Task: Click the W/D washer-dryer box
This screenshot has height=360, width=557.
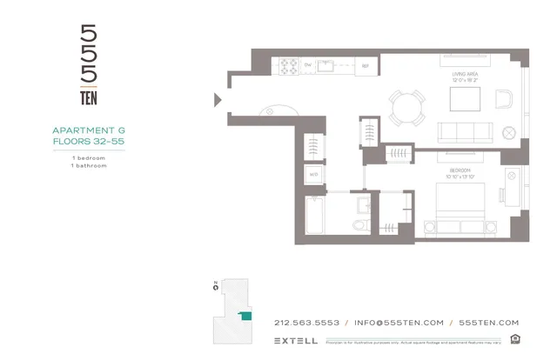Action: (313, 175)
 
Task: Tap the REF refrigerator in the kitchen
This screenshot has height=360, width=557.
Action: (366, 66)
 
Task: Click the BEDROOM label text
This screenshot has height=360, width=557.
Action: (460, 170)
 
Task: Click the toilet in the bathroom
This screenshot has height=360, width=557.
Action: (364, 224)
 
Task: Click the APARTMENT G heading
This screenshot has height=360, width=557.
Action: (89, 132)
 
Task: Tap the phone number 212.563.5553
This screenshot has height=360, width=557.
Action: (306, 322)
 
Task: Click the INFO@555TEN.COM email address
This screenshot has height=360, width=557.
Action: (399, 322)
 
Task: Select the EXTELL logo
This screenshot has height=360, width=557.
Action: (295, 340)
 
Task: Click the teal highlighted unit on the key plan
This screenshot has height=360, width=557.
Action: (246, 317)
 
